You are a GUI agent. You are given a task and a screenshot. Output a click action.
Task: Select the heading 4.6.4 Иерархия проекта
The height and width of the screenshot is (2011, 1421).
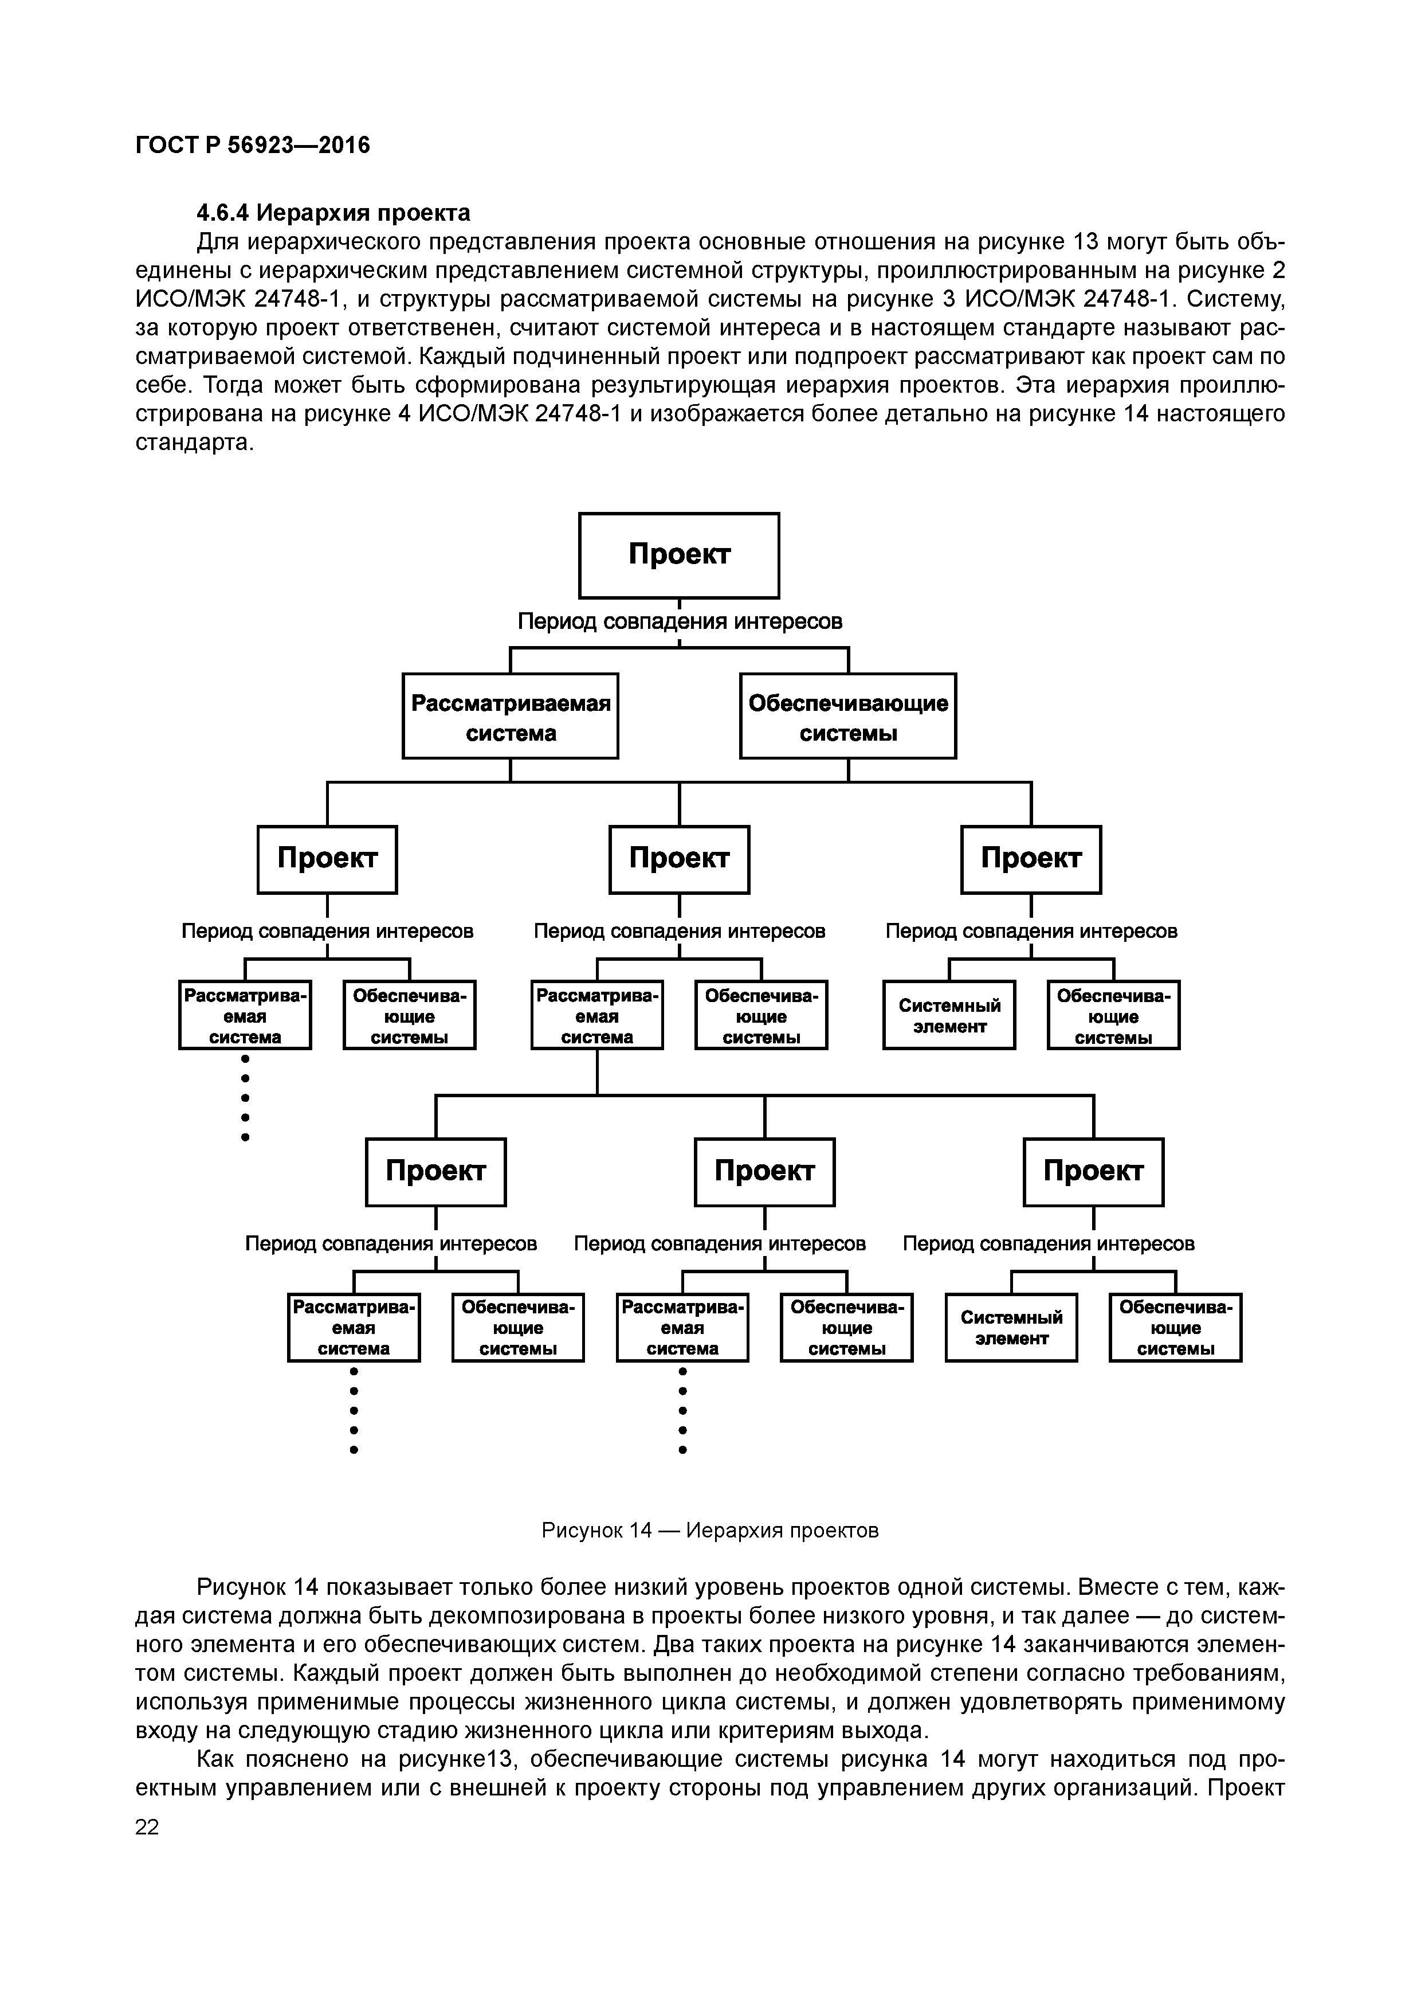click(x=333, y=213)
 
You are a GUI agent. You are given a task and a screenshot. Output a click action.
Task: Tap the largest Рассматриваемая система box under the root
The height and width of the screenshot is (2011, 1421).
click(x=511, y=715)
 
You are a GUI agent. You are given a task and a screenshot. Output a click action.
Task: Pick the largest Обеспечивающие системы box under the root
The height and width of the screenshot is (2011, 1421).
click(x=847, y=715)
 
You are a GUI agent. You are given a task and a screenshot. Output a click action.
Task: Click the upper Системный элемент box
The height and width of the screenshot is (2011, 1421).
click(x=949, y=1016)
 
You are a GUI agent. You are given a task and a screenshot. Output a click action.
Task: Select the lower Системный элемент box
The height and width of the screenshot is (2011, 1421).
click(x=1011, y=1328)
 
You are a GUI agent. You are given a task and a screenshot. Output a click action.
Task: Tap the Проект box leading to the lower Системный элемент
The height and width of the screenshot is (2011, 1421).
click(x=1094, y=1172)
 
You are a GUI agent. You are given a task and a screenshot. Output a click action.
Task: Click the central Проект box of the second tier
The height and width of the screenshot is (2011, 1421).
click(x=680, y=859)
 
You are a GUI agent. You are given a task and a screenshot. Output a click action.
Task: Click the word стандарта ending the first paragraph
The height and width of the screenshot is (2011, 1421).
click(x=194, y=443)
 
